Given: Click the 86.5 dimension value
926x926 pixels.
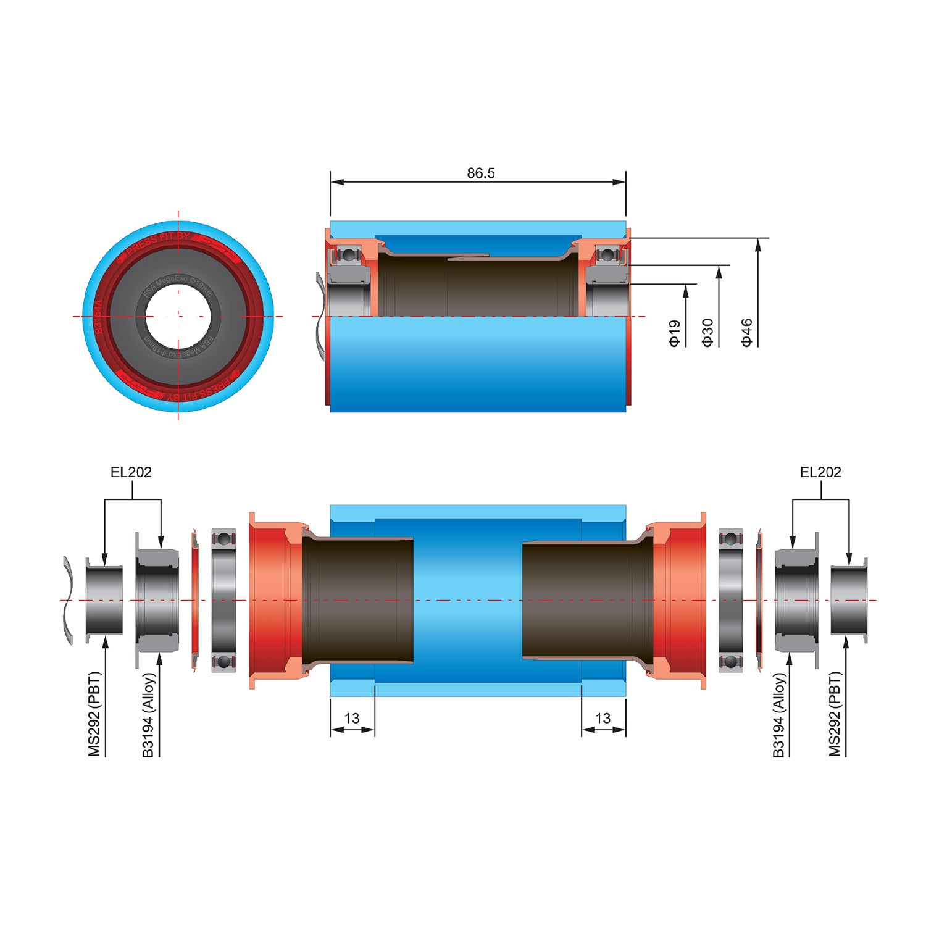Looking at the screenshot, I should [481, 173].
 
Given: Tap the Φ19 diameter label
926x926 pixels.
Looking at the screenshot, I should [675, 333].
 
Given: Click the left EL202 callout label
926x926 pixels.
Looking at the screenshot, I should [131, 472].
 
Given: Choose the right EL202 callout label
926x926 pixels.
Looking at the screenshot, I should [820, 472].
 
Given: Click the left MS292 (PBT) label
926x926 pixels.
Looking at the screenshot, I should [94, 714].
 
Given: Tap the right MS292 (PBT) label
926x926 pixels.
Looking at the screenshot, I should [835, 714].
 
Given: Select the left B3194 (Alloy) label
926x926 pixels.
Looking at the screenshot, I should [149, 714].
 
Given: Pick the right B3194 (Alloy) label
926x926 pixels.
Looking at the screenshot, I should [779, 714].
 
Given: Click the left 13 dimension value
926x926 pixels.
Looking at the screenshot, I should [352, 719].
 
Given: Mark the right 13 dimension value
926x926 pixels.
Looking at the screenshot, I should [603, 719].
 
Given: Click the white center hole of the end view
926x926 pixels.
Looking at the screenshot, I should [178, 317].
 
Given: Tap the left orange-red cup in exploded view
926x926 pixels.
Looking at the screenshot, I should [272, 600].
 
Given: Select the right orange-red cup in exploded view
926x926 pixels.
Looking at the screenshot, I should [683, 600].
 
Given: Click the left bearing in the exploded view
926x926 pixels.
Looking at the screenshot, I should [223, 600].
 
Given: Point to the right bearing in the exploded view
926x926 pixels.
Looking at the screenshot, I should [731, 600].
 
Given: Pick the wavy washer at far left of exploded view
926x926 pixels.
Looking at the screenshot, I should [69, 600].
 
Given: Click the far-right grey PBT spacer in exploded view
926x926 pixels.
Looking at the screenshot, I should [848, 600].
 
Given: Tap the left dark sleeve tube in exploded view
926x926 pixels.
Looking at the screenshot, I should [358, 600].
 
